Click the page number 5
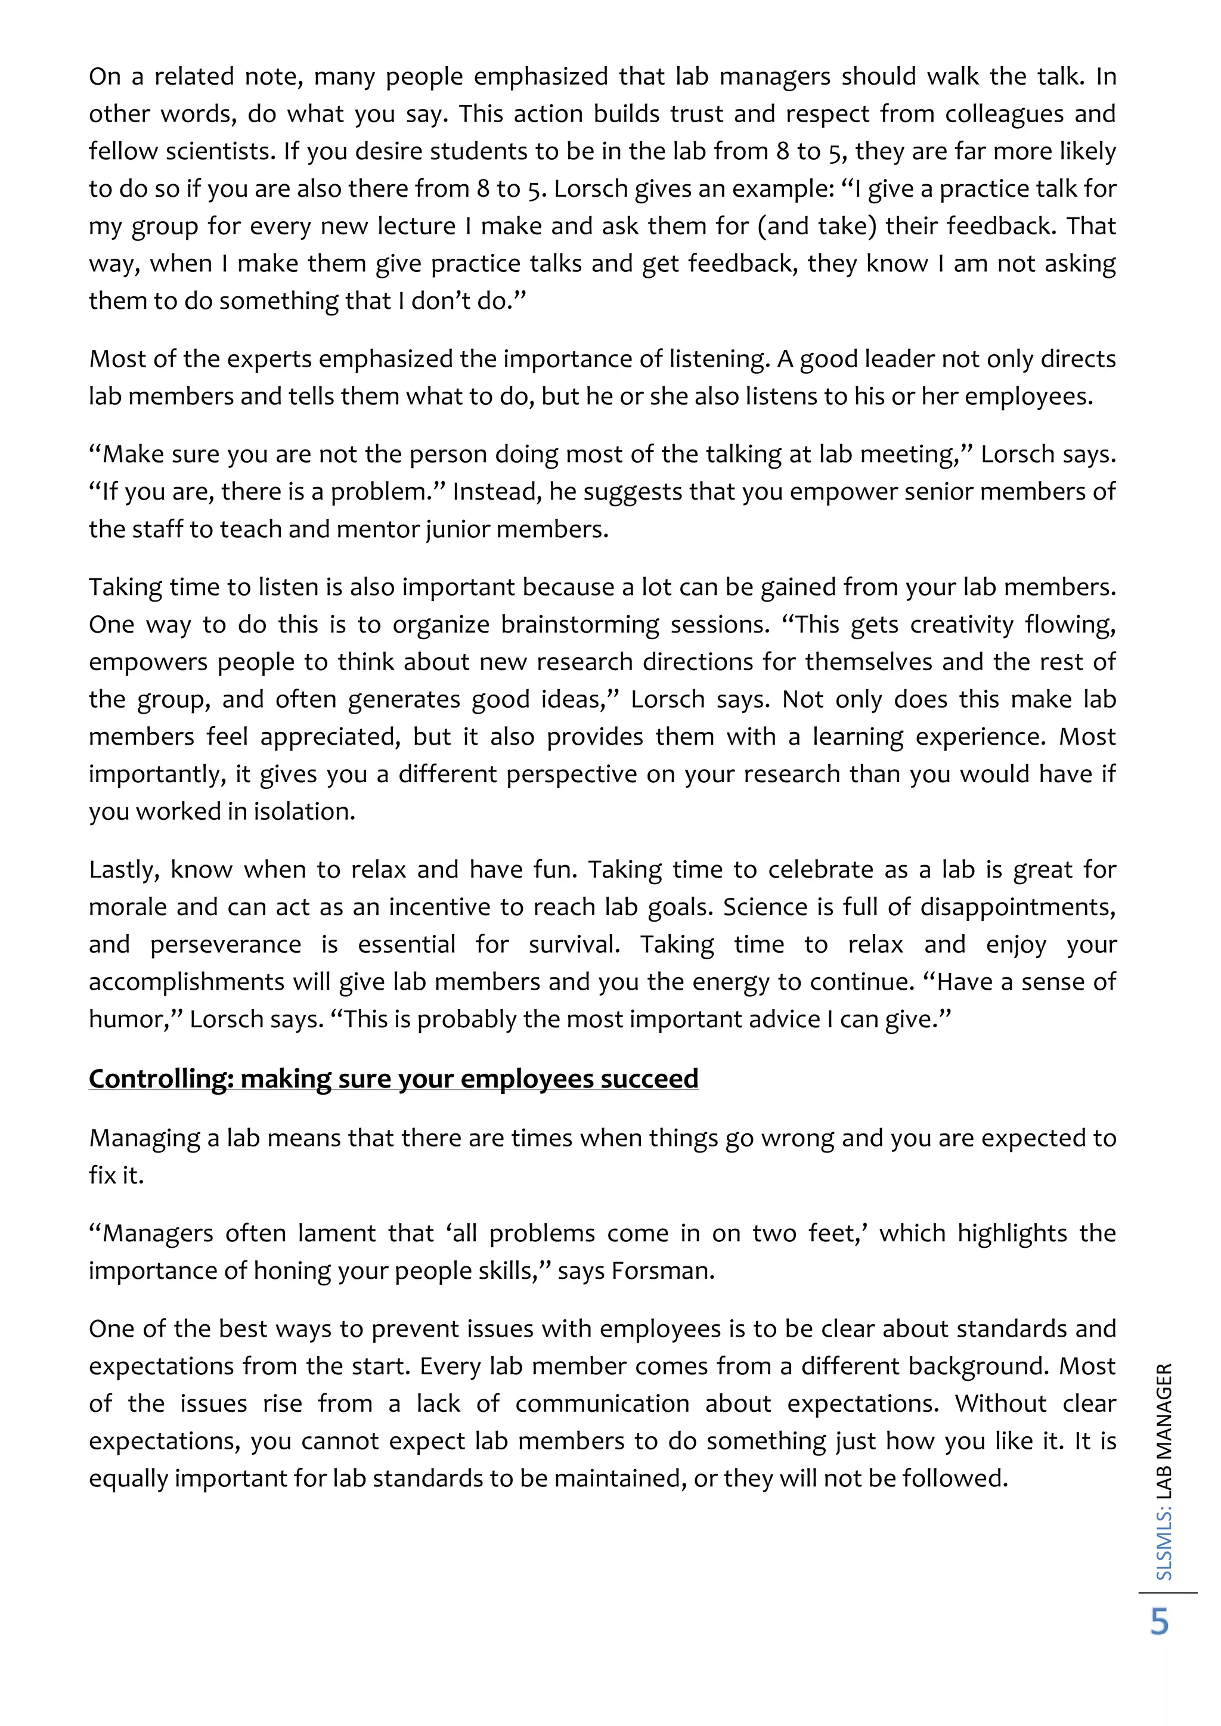[1160, 1622]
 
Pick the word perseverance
[225, 944]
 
